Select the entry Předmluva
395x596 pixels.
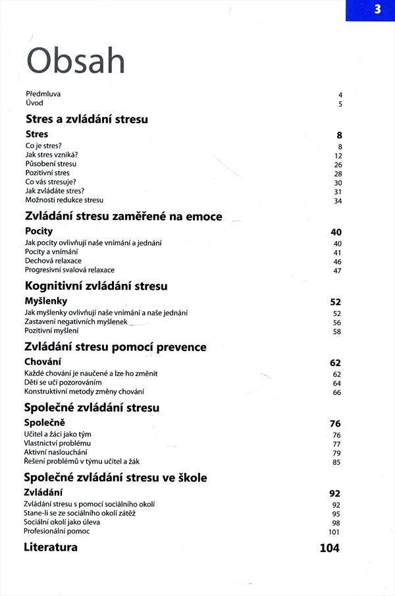click(43, 94)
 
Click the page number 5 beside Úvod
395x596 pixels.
click(340, 104)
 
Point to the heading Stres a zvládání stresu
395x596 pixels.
click(86, 119)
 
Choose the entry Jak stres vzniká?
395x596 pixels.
click(52, 155)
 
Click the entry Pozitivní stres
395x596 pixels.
click(47, 173)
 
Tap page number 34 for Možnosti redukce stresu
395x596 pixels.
click(338, 201)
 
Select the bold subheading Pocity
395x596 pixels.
click(39, 231)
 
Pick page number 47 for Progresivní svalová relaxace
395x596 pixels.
click(338, 271)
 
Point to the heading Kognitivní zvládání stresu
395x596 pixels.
click(96, 286)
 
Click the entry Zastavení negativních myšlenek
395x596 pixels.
click(76, 322)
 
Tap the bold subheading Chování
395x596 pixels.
click(43, 362)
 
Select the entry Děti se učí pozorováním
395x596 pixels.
click(63, 383)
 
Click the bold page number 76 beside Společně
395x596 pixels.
click(336, 423)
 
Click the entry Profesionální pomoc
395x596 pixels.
click(57, 531)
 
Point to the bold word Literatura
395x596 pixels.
click(51, 547)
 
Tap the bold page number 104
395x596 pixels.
click(330, 548)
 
